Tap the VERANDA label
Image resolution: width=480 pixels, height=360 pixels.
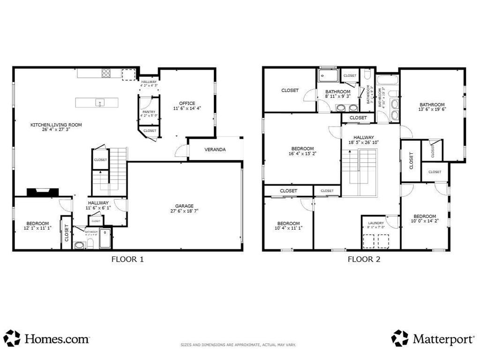(215, 150)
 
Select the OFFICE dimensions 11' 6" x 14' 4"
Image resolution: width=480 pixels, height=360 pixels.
(187, 109)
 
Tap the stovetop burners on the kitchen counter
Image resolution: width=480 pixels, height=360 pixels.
(106, 73)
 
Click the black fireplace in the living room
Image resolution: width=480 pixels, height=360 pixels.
(43, 191)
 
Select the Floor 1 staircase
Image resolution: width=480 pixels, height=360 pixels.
(109, 171)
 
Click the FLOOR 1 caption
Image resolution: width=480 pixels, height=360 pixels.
(127, 259)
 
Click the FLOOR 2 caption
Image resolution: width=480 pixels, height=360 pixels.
(364, 259)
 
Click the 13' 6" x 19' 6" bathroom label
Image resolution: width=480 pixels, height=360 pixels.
(432, 107)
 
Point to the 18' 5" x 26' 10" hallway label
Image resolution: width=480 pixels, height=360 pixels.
(363, 140)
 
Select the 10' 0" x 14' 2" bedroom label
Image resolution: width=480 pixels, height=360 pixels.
(424, 218)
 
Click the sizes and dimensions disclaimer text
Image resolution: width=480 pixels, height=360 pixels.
(239, 345)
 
